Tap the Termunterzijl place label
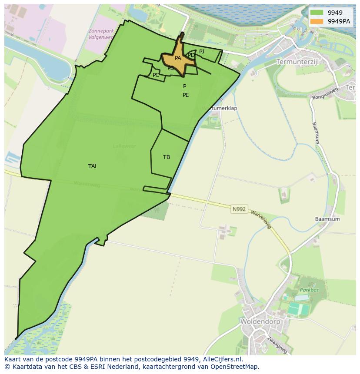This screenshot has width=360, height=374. click(297, 62)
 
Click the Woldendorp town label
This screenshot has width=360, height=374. click(260, 322)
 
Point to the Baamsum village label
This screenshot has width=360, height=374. click(327, 219)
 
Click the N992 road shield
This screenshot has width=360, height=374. click(239, 209)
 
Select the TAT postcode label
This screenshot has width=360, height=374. click(93, 166)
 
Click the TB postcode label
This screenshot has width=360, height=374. click(167, 157)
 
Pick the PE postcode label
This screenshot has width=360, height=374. click(186, 95)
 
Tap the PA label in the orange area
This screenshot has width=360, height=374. click(178, 58)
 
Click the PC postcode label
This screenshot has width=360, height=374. click(156, 75)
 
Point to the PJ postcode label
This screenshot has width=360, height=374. click(202, 52)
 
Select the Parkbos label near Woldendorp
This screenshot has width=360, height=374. click(309, 290)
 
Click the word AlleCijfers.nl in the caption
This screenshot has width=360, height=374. click(222, 359)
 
